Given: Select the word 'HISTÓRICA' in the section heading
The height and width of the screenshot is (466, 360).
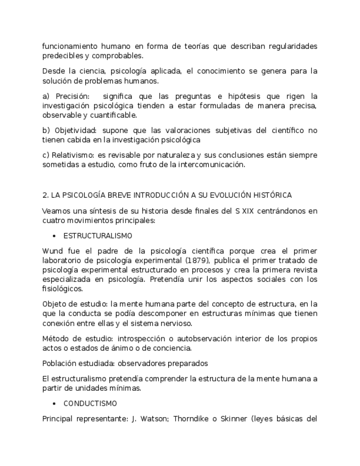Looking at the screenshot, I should (x=274, y=195).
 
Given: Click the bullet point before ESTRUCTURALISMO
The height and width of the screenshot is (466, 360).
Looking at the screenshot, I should (x=54, y=235).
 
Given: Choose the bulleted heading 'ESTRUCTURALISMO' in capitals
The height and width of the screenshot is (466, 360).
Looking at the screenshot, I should (x=98, y=235).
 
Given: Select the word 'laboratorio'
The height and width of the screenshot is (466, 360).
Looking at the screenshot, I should (x=62, y=260).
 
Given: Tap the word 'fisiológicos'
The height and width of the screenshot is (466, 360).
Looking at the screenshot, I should (x=62, y=289).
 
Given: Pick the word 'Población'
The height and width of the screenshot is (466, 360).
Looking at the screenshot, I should (x=59, y=363).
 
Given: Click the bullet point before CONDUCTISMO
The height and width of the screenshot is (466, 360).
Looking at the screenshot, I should (x=54, y=403).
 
